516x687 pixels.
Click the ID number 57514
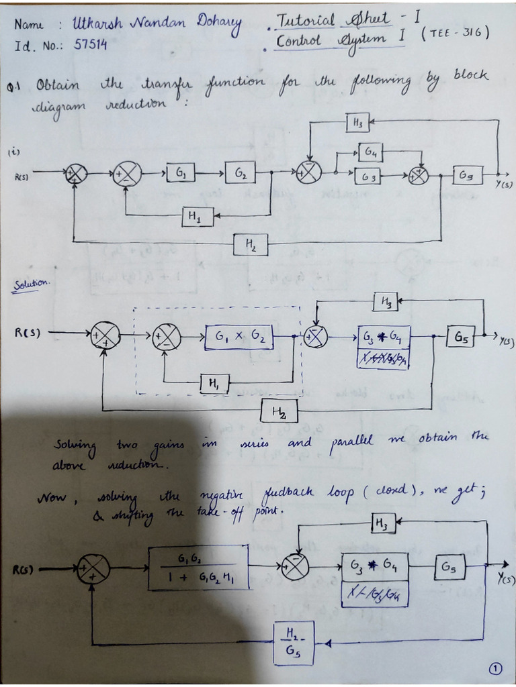pos(90,46)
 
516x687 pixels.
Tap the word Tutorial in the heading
pos(305,21)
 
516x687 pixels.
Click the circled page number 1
pos(496,668)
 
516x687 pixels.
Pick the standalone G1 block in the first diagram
pos(181,174)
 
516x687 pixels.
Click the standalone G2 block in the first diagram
pos(241,174)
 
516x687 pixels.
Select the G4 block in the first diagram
pos(370,152)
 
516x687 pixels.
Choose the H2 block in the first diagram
pos(251,246)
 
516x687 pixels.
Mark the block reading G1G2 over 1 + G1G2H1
pos(198,567)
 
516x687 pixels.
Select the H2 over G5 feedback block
pos(294,643)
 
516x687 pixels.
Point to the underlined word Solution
pos(31,284)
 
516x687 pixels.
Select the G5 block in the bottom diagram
pos(449,568)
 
